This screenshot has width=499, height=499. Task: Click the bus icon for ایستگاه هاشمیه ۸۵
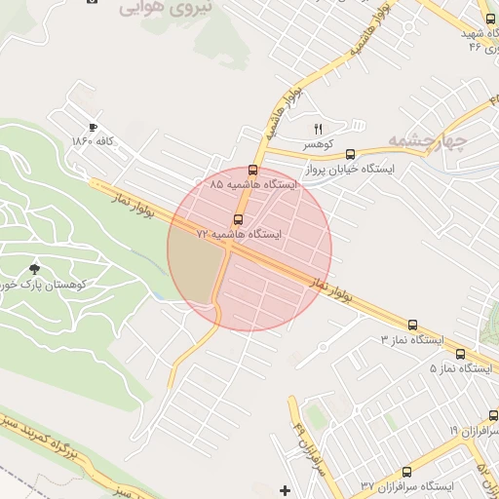pos(253,170)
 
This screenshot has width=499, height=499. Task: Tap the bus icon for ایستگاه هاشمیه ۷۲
pos(239,219)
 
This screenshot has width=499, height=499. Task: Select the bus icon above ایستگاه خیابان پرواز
pos(350,153)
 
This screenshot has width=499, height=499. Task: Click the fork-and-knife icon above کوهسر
pos(318,129)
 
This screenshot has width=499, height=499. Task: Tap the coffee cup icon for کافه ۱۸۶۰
pos(94,127)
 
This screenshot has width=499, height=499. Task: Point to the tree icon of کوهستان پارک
pos(36,268)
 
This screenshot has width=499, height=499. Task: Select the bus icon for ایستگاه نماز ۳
pos(412,326)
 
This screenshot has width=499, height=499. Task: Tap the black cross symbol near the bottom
pos(285,489)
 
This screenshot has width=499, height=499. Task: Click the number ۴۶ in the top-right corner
pos(476,44)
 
